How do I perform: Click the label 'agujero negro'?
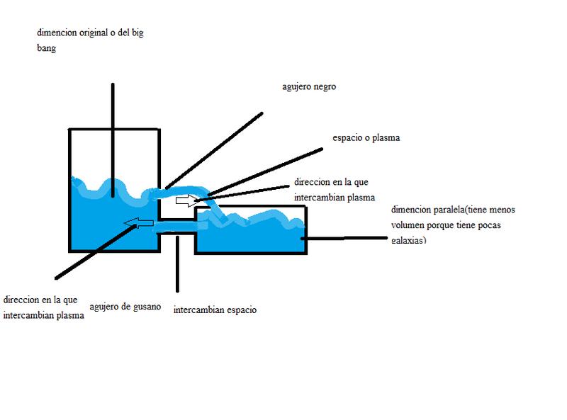308,87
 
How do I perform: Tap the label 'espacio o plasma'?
366,138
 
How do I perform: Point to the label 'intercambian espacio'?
215,310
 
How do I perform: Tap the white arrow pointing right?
188,200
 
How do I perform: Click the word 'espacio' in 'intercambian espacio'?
240,310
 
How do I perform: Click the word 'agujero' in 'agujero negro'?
295,87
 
